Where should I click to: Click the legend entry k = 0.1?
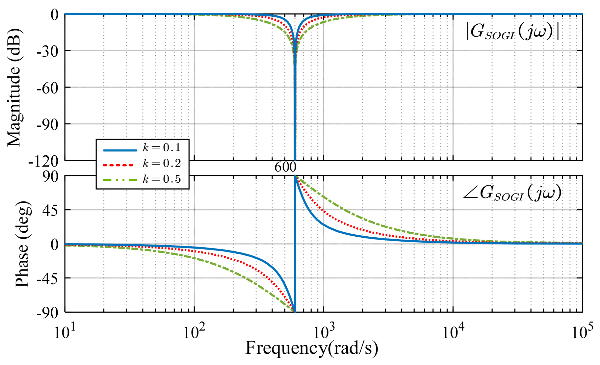coord(161,148)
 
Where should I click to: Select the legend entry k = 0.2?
coord(161,163)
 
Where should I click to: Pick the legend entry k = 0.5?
coord(161,179)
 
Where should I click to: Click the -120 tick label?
coord(44,161)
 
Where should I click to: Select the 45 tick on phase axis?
coord(50,210)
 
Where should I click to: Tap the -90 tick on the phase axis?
coord(47,313)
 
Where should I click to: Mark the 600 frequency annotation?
coord(285,167)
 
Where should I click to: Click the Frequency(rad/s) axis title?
coord(312,348)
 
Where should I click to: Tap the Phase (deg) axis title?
coord(22,244)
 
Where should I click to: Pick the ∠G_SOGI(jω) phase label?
coord(512,194)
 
